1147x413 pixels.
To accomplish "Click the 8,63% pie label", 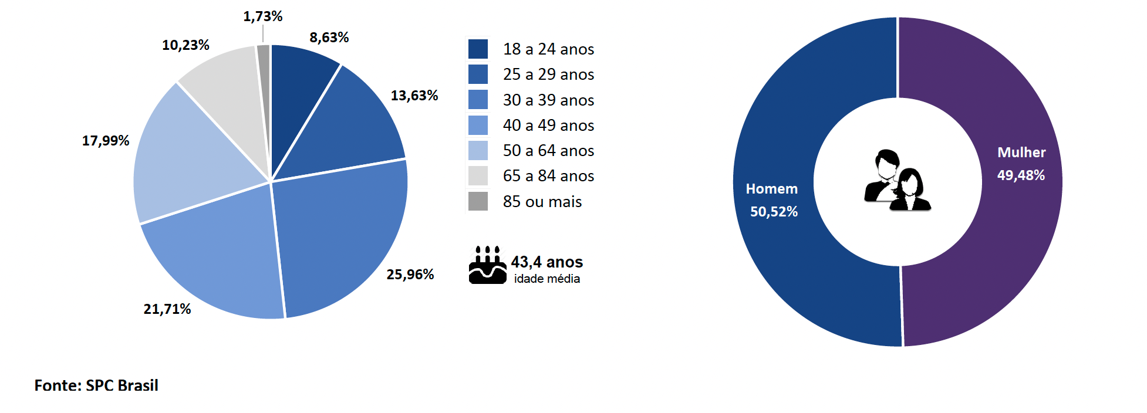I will (x=329, y=38).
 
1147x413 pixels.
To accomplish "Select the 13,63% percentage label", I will (x=414, y=96).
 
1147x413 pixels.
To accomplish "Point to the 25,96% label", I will (x=410, y=275).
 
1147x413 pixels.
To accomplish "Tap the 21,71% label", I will (x=167, y=309).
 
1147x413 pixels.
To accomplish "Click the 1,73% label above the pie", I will (x=263, y=16).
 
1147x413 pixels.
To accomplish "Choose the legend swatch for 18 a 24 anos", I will (x=478, y=49).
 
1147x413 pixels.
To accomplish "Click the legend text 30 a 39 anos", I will (x=548, y=100).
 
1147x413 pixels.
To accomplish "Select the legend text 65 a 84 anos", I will (x=548, y=176).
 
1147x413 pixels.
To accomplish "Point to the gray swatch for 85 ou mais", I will (x=478, y=201).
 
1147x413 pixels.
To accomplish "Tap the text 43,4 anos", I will (x=546, y=262).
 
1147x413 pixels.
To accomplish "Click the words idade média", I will (x=547, y=279).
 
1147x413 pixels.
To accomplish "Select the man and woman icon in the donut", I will (x=897, y=181).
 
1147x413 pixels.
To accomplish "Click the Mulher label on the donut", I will (x=1021, y=153).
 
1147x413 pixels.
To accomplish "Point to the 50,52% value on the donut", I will (x=774, y=212).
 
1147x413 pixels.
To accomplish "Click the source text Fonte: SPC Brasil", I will (x=96, y=385).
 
